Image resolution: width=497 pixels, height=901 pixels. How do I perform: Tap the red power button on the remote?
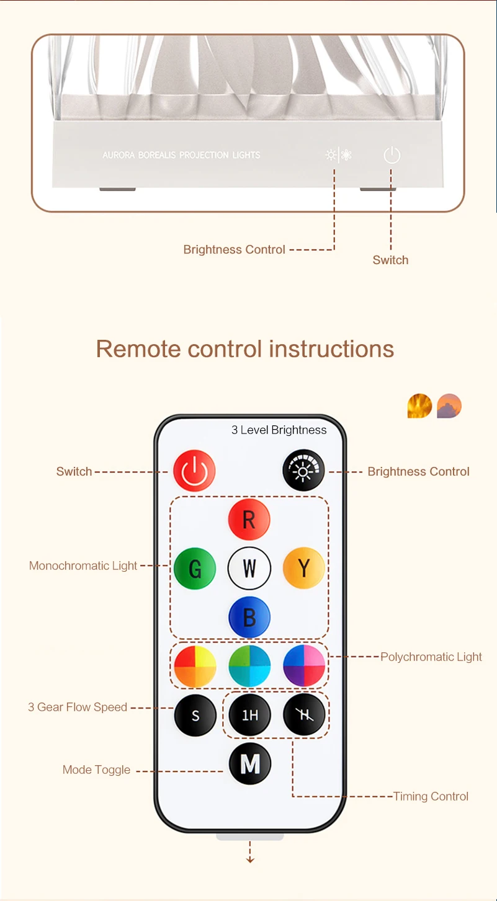194,471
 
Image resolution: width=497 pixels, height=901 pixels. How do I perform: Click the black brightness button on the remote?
303,471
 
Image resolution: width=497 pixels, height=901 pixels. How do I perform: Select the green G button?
195,568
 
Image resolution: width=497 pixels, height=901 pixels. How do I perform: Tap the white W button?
249,568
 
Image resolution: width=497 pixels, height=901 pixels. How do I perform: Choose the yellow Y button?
303,568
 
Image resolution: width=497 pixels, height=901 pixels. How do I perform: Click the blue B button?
249,618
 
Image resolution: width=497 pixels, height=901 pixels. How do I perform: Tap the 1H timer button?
249,715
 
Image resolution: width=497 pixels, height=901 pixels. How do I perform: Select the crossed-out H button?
304,715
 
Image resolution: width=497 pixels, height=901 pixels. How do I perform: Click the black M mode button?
250,764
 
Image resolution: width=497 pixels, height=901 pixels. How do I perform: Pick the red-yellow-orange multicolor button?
195,666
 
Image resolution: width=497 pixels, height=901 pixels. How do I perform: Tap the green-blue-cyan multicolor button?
249,666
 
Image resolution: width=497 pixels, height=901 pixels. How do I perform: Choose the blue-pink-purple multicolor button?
304,666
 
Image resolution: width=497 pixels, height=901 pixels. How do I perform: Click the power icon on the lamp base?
392,155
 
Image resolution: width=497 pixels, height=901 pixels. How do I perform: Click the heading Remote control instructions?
245,348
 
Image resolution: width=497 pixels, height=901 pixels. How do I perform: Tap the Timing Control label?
431,796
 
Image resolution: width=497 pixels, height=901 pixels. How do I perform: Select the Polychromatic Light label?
431,657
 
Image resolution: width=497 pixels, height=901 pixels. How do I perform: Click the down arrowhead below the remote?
250,859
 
